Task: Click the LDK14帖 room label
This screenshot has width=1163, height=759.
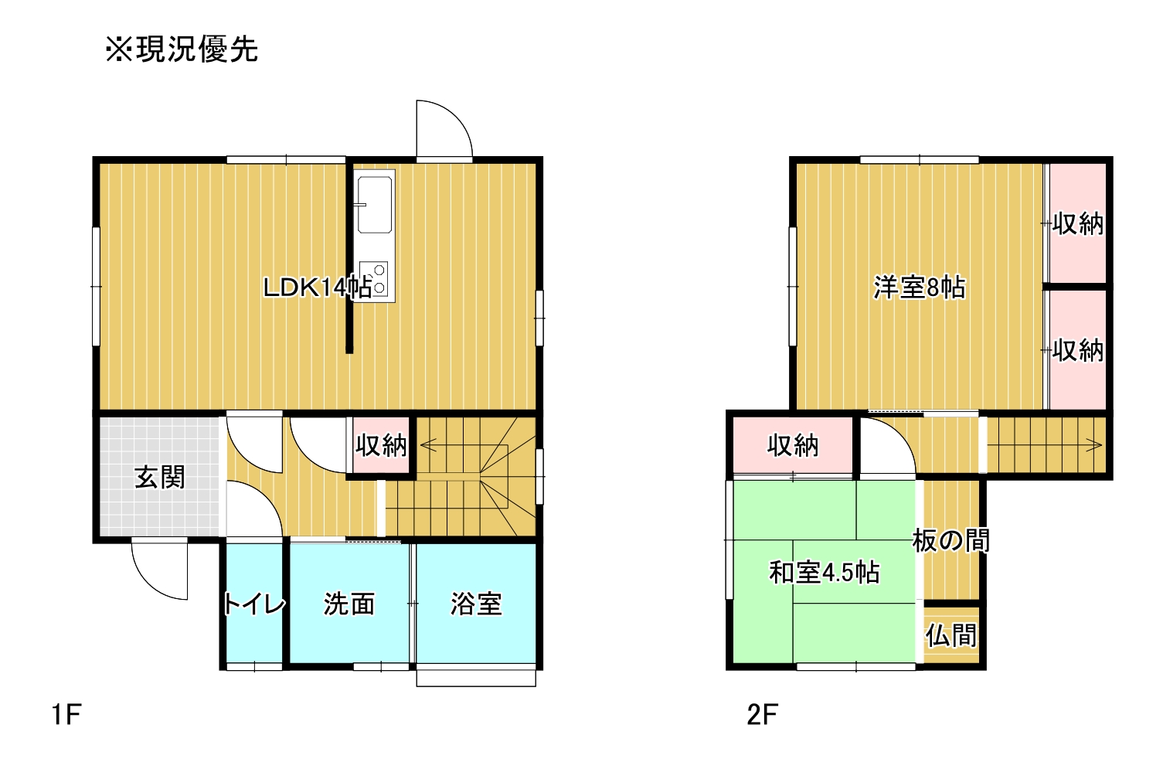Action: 318,287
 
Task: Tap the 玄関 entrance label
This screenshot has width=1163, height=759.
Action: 159,477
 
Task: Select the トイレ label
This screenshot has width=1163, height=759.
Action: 254,604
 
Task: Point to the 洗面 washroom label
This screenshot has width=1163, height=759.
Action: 349,604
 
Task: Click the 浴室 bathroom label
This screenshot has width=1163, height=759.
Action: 476,604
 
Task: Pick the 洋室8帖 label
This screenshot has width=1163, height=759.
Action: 920,288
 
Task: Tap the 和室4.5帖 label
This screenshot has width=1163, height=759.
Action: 824,573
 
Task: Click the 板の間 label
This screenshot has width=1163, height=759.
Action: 951,540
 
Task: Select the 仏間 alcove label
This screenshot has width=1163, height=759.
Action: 951,635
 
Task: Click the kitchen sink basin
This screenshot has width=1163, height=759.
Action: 374,205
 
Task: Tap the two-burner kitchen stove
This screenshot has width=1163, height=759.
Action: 374,279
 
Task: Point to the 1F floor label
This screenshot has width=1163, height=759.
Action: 66,714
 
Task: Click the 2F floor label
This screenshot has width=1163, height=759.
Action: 762,714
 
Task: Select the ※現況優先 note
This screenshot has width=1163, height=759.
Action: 182,49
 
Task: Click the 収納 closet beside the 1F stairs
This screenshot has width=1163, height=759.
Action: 381,445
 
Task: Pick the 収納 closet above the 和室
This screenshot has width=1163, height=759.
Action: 793,445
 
